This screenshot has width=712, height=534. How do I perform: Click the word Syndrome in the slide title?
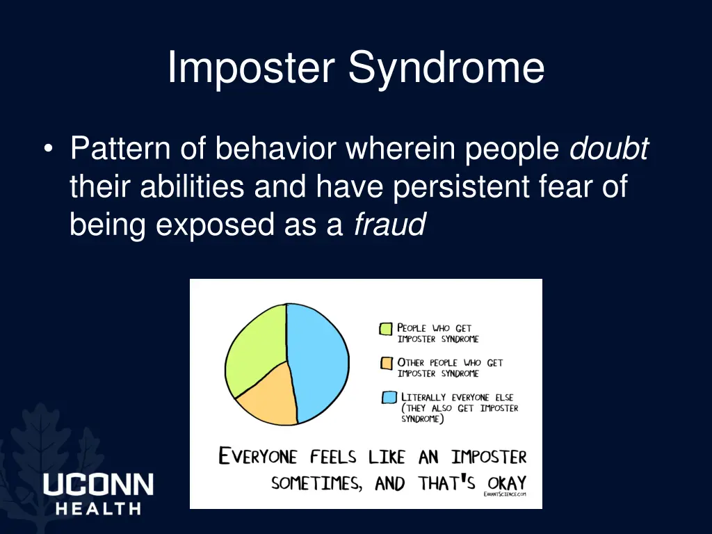446,70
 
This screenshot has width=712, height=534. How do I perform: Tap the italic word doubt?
609,149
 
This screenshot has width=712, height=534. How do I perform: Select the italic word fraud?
389,225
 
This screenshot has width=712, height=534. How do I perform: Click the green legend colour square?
386,329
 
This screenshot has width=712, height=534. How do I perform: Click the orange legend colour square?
386,363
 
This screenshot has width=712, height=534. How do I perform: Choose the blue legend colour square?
389,398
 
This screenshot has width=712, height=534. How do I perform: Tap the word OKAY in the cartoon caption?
503,483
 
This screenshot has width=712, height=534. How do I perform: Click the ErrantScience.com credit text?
505,494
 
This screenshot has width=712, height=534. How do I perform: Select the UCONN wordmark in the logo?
98,485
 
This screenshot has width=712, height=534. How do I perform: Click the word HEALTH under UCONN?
98,509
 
